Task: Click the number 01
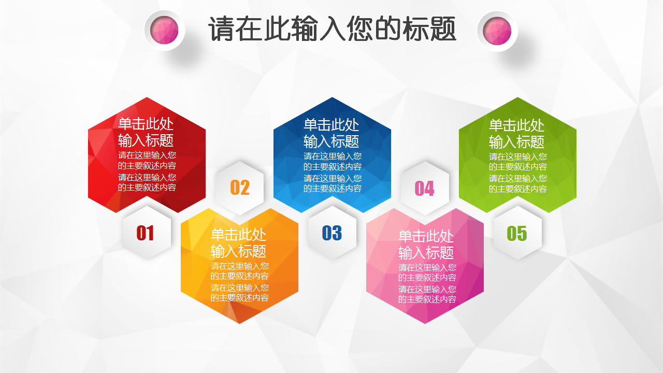145,233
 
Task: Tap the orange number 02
240,188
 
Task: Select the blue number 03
332,233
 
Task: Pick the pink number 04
424,189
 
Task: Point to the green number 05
517,234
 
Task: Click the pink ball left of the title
164,30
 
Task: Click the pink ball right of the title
497,31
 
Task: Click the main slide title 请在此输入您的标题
332,28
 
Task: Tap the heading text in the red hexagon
146,132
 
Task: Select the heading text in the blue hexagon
331,133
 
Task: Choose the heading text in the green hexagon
516,134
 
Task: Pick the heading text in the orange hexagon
238,243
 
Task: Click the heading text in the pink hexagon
426,245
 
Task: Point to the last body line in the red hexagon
147,188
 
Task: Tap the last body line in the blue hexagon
333,188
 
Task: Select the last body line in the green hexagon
517,189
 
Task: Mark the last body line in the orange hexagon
239,297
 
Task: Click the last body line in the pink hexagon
427,299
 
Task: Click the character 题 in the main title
443,28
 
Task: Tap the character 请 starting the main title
222,28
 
